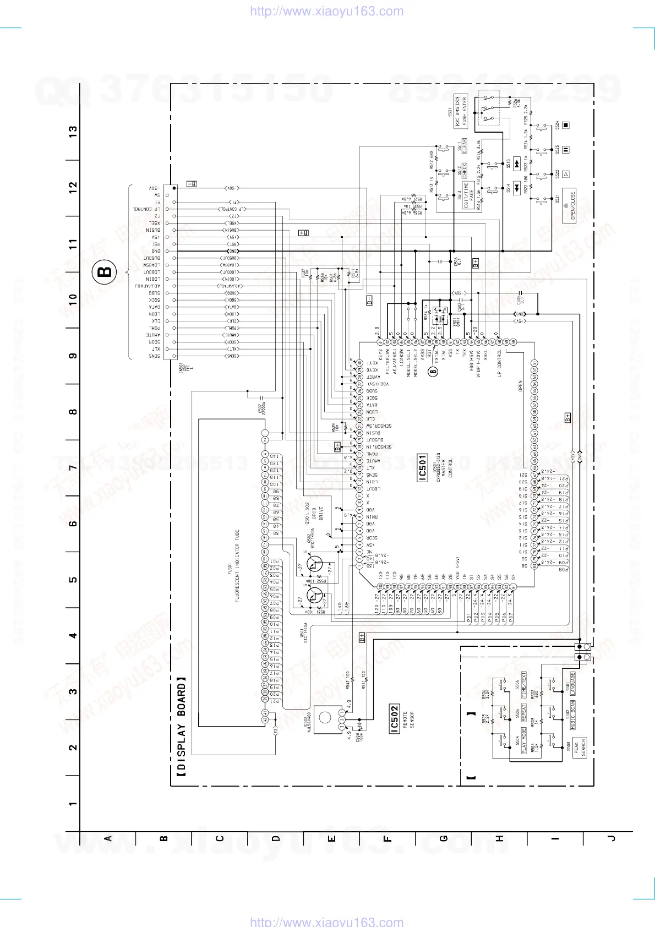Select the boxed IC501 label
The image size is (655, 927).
click(x=422, y=468)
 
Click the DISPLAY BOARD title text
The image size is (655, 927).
click(x=181, y=727)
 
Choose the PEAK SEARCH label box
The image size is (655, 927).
click(x=580, y=747)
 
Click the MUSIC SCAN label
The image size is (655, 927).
click(x=573, y=715)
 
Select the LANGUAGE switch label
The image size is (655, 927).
click(x=573, y=683)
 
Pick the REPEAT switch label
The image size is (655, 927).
click(x=524, y=713)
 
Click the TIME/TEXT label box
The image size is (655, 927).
click(x=524, y=684)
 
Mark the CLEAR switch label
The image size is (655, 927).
click(x=465, y=146)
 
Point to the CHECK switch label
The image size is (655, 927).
click(x=465, y=170)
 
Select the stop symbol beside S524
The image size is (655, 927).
click(x=566, y=125)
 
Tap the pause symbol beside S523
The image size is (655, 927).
click(x=566, y=150)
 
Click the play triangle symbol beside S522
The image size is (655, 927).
click(x=566, y=175)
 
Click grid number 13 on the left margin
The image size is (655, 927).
click(x=73, y=132)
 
